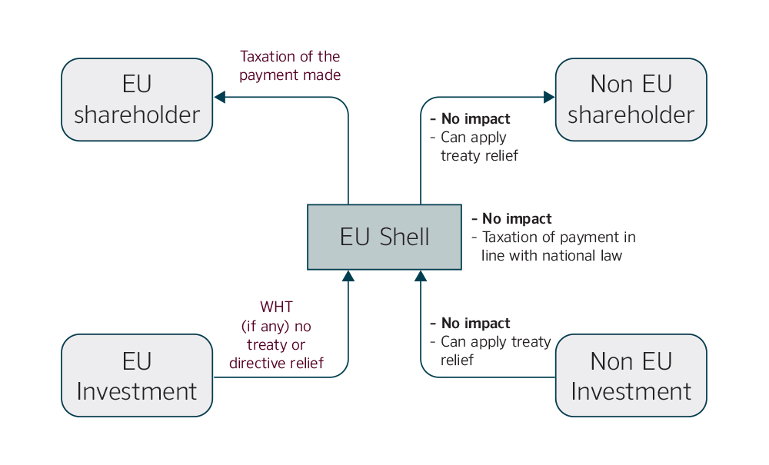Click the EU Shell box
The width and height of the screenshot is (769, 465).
tap(384, 237)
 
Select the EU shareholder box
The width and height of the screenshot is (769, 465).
tap(137, 100)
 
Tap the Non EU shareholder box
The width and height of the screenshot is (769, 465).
tap(631, 100)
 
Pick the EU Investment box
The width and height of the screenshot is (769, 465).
tap(137, 375)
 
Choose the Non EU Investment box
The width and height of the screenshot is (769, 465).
tap(631, 375)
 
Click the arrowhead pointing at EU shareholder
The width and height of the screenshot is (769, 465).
tap(219, 97)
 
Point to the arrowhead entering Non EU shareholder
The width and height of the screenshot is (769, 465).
tap(549, 97)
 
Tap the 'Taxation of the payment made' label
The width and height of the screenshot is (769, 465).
tap(290, 66)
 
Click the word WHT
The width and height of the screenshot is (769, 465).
tap(276, 307)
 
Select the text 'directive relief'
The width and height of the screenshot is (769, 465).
tap(276, 363)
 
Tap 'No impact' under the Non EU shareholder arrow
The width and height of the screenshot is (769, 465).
tap(474, 119)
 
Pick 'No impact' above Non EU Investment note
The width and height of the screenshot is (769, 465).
tap(474, 324)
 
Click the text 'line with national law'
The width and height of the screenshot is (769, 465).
tap(551, 256)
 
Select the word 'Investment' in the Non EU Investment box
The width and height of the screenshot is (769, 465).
tap(631, 391)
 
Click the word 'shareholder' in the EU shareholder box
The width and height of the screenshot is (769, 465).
tap(137, 115)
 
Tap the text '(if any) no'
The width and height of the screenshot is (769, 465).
tap(276, 326)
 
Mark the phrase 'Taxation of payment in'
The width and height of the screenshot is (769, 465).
tap(558, 237)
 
